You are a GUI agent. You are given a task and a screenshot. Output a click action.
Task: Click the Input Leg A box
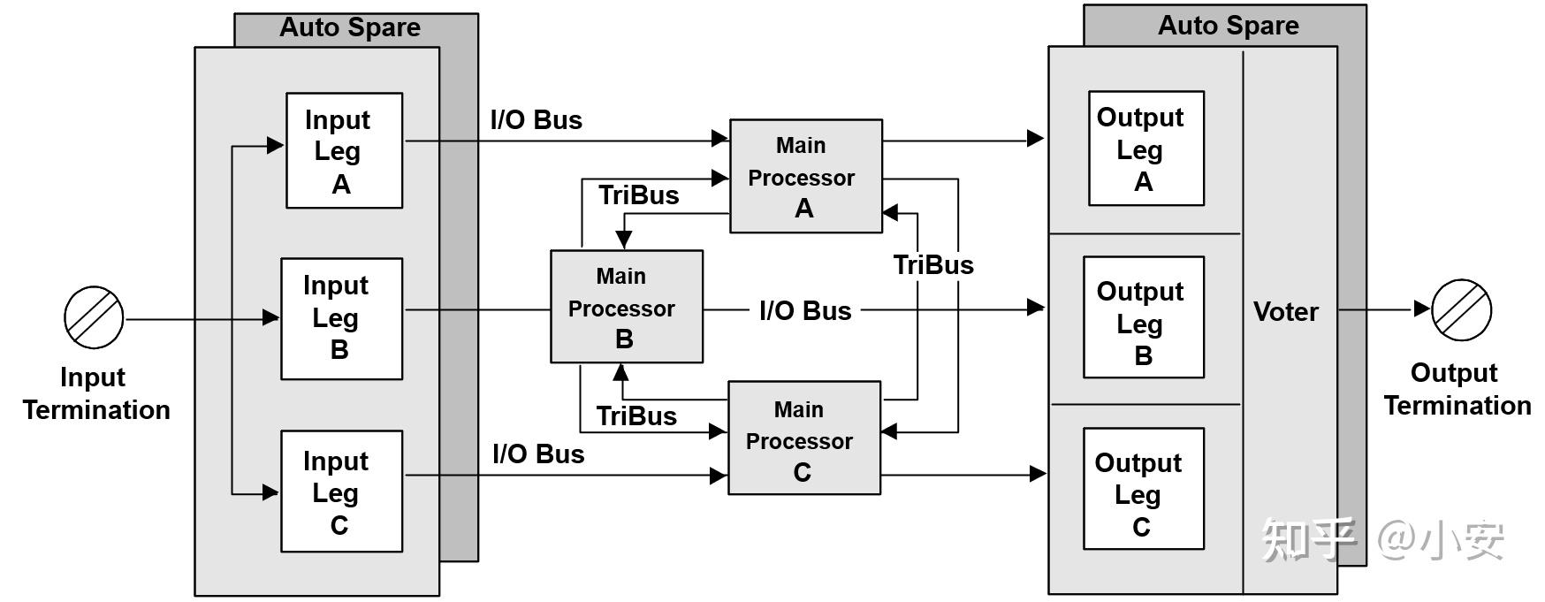tap(344, 150)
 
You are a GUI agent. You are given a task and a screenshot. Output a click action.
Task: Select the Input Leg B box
tap(341, 318)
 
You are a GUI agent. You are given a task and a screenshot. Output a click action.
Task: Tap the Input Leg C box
tap(341, 492)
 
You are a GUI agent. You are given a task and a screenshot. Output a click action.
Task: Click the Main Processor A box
tap(805, 176)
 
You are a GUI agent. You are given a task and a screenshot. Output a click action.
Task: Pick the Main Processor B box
tap(627, 306)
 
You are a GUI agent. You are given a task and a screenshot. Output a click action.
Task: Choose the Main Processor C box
tap(803, 438)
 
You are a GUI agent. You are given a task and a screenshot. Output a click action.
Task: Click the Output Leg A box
tap(1145, 149)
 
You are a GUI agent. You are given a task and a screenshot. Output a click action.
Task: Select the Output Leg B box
tap(1144, 317)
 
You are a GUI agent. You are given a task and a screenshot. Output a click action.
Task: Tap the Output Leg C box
tap(1144, 489)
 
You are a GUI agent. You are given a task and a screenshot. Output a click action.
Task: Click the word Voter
tap(1285, 311)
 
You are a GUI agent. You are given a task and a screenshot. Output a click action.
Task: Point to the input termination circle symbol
tap(94, 317)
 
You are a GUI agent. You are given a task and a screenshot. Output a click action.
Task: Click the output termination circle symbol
tap(1462, 309)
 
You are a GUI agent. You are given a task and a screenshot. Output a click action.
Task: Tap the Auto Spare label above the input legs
tap(350, 27)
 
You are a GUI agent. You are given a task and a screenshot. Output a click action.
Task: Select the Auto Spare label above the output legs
tap(1229, 26)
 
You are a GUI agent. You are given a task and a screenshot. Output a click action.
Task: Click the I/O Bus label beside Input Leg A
tap(537, 120)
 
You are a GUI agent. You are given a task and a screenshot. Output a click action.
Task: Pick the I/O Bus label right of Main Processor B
tap(805, 311)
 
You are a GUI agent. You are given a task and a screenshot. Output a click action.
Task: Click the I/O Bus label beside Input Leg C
tap(538, 454)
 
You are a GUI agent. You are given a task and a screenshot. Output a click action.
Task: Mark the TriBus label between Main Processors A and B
tap(638, 195)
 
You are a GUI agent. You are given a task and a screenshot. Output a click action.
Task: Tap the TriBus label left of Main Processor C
tap(636, 416)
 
